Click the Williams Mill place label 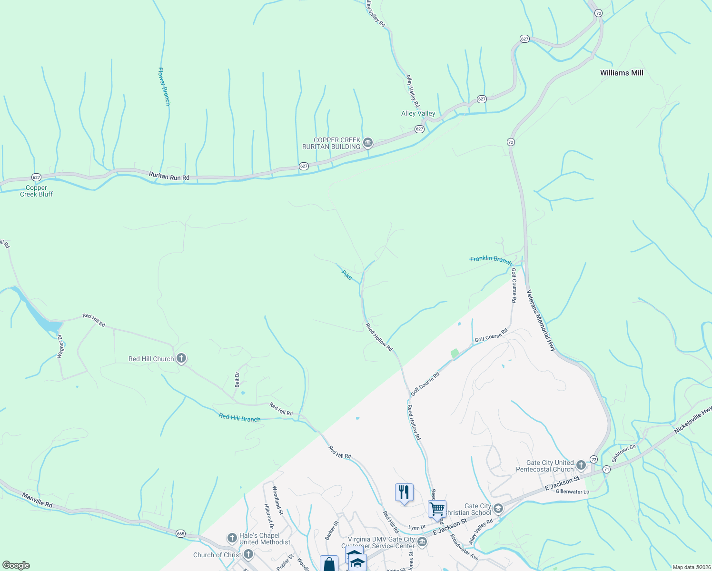621,73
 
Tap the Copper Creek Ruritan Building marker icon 367,142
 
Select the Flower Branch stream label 164,86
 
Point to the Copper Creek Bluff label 36,191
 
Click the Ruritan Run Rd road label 169,177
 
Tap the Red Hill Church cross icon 181,358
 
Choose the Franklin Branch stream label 491,260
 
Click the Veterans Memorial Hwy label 541,320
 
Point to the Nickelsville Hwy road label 693,420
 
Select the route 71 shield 606,469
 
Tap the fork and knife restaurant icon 404,492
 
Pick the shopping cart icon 437,509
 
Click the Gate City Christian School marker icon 498,509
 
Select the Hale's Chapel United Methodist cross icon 232,538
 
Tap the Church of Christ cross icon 248,554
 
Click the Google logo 16,565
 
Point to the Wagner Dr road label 60,346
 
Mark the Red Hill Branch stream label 239,418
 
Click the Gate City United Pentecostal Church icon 581,465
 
